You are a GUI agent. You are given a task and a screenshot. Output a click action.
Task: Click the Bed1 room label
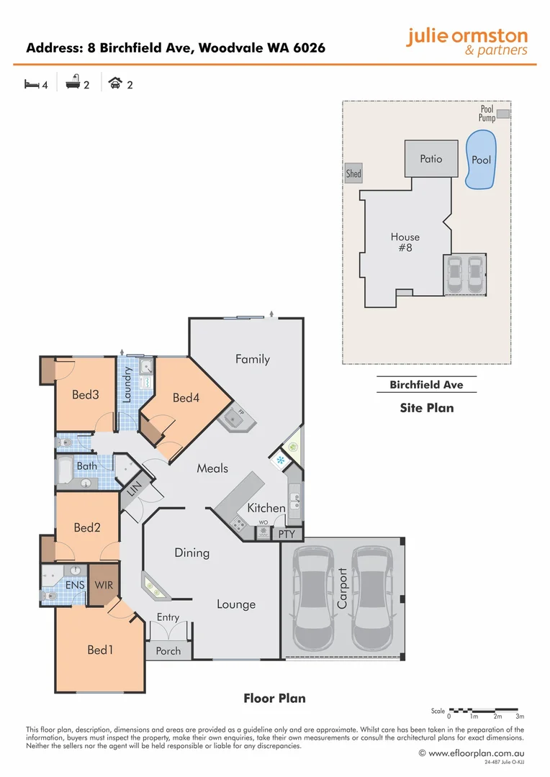tap(100, 650)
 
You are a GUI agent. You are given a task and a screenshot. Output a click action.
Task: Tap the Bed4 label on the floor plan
tap(186, 397)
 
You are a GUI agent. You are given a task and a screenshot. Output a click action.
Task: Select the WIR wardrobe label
tap(104, 585)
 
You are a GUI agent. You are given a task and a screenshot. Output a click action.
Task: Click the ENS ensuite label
tap(76, 585)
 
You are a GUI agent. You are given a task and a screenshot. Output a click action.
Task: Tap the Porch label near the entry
tap(168, 650)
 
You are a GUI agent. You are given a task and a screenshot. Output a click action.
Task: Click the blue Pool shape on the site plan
tap(480, 159)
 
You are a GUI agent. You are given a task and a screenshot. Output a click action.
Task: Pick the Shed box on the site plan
tap(353, 173)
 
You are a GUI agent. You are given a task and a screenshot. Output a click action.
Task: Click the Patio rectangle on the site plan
tap(430, 159)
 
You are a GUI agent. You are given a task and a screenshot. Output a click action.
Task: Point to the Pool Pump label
tap(487, 113)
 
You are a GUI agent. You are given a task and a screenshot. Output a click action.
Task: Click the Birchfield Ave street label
tap(426, 385)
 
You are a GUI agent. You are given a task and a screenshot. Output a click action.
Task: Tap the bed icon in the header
tap(31, 84)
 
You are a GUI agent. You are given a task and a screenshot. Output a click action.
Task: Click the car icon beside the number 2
tap(114, 84)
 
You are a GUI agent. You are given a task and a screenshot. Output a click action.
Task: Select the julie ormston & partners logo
tap(466, 41)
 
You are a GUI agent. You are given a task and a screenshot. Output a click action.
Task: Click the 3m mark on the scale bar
tap(519, 717)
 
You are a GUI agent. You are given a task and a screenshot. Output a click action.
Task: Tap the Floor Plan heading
tap(274, 698)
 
